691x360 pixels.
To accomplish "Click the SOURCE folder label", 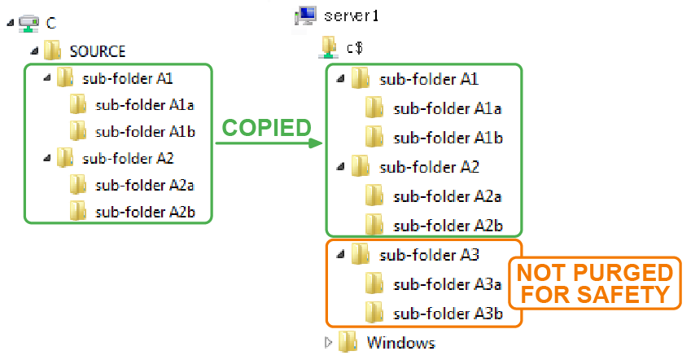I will pos(98,50).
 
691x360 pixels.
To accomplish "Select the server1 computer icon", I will pos(307,15).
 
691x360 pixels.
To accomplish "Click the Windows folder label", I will pos(400,342).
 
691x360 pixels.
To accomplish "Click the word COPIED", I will pos(266,127).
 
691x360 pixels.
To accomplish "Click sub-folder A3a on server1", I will pos(447,283).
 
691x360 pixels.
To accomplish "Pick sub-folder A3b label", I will pos(447,313).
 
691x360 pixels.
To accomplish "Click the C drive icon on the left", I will pos(29,23).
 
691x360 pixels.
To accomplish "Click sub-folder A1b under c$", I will pos(447,137).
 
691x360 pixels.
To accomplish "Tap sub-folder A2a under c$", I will pos(447,195).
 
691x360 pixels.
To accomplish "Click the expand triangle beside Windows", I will pos(329,342).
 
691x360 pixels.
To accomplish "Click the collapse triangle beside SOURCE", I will pos(34,50).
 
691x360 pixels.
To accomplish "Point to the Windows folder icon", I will pos(348,342).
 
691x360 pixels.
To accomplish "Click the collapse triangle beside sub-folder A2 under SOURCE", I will pos(46,157).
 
